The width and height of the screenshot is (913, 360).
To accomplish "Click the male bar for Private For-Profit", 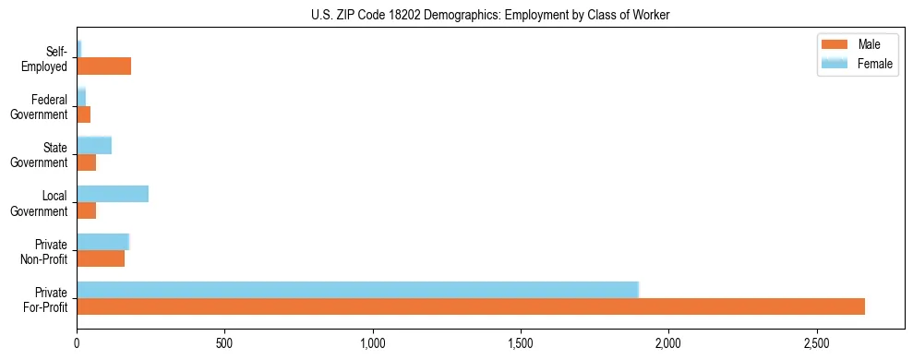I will [x=471, y=306].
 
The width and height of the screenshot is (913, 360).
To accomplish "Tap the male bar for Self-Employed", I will [x=103, y=66].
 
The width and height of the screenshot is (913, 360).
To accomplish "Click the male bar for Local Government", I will [x=86, y=210].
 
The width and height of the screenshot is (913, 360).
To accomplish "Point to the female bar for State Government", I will [x=94, y=146].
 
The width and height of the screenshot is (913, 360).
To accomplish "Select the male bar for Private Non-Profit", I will [x=101, y=258].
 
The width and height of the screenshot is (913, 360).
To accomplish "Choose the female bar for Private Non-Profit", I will [x=102, y=242].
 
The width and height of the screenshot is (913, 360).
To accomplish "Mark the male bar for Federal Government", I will [x=83, y=114].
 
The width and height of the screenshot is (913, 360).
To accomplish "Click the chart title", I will [x=490, y=15].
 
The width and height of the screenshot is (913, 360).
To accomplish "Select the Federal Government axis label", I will [x=40, y=107].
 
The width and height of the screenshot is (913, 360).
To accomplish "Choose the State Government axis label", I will [x=40, y=155].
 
